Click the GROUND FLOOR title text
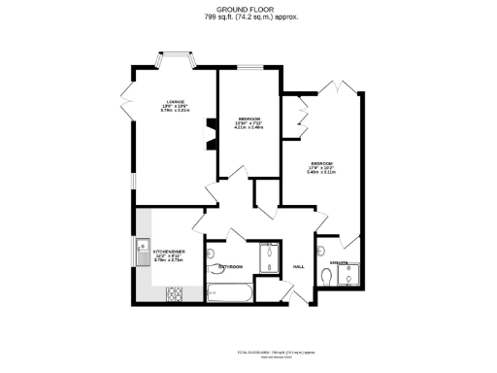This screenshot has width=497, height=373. [248, 11]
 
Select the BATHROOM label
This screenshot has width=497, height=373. [230, 266]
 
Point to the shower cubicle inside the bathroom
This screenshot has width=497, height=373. [268, 256]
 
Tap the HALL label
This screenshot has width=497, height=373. [299, 266]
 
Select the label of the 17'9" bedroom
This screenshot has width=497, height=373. [322, 165]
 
